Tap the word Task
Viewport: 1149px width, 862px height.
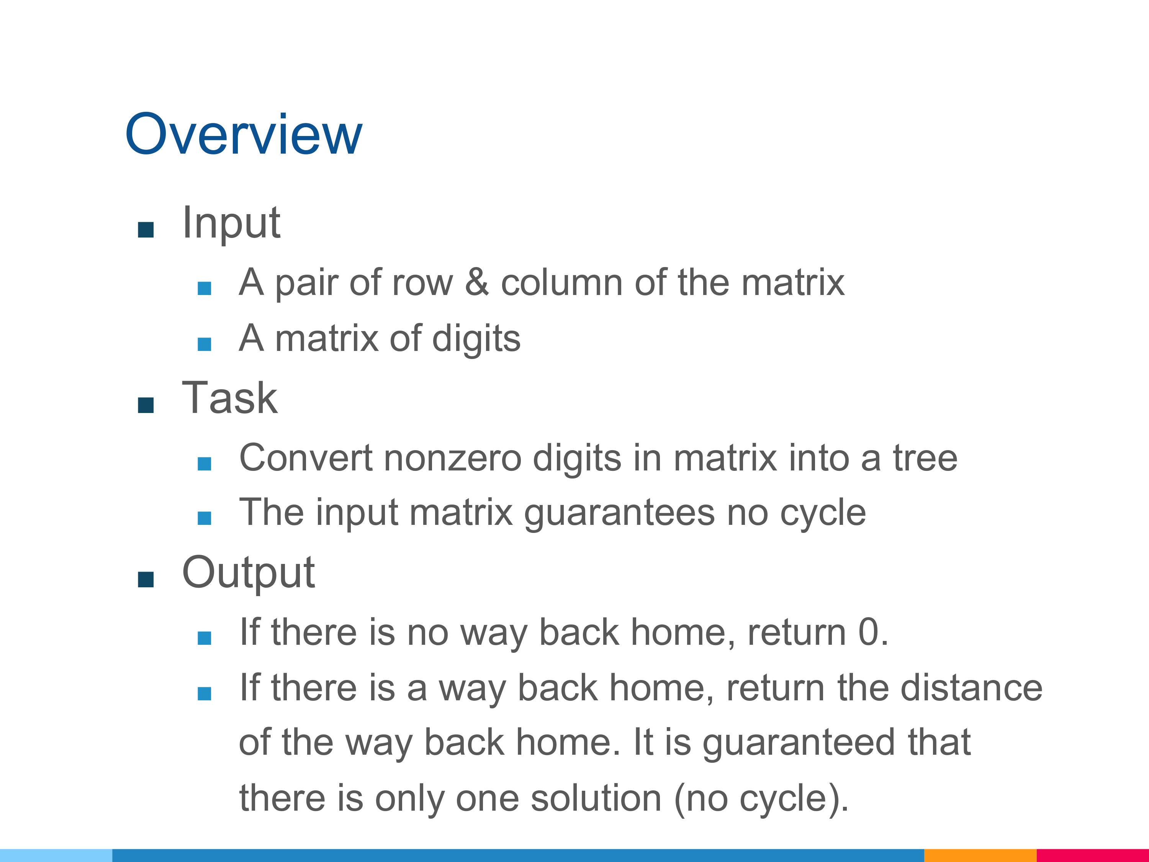tap(229, 398)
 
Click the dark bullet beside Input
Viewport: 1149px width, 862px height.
tap(146, 229)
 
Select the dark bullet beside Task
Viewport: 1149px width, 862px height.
tap(146, 405)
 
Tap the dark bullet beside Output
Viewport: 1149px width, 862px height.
tap(146, 579)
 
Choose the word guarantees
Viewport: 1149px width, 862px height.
tap(619, 513)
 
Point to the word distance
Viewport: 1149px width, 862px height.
tap(971, 687)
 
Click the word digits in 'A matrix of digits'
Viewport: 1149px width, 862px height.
tap(476, 339)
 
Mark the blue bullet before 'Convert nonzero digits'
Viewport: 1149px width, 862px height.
tap(204, 464)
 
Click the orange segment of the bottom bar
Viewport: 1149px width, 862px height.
tap(980, 855)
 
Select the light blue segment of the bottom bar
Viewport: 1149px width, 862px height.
tap(56, 855)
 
